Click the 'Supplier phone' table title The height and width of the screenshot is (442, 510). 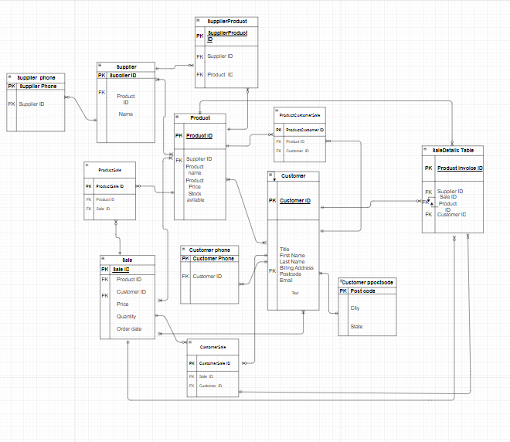[x=36, y=77]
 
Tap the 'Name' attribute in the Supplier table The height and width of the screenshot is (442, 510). [x=125, y=114]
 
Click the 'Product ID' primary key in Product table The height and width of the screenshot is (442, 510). [x=199, y=135]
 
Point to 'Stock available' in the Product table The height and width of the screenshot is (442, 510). [x=195, y=196]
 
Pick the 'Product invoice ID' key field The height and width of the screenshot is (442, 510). [x=460, y=168]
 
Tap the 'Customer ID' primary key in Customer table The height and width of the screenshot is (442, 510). [x=295, y=201]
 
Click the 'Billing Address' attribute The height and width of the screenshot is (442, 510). [x=297, y=267]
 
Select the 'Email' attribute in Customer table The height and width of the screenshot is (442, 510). [x=286, y=280]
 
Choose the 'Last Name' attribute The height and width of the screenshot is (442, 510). [x=292, y=261]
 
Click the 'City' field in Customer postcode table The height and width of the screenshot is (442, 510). [x=355, y=308]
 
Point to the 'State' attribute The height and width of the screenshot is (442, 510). [x=356, y=326]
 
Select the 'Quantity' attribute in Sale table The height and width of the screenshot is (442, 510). [x=126, y=316]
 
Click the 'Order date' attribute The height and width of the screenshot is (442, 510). [x=128, y=328]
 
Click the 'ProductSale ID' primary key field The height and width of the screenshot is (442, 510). [x=109, y=186]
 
